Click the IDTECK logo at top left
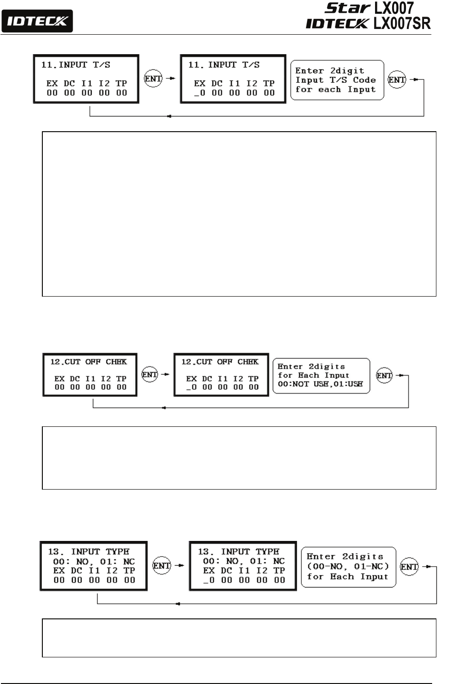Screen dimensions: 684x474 coord(37,21)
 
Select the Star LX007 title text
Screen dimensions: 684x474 coord(369,8)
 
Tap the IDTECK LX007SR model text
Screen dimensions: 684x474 coord(368,23)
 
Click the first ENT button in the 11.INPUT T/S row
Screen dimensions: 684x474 coord(153,79)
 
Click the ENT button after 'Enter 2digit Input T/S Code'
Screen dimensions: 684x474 coord(396,80)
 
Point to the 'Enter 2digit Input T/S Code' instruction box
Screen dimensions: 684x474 coord(336,80)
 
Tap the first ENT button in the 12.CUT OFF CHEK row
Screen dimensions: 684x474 coord(150,375)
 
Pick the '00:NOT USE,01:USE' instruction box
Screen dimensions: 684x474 coord(321,376)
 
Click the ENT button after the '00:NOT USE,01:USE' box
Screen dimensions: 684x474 coord(384,376)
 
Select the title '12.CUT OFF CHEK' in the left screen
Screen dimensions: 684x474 coord(89,362)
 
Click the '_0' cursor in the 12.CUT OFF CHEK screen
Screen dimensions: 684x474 coord(191,387)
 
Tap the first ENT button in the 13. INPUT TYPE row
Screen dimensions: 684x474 coord(161,566)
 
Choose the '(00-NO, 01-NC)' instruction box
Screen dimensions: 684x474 coord(348,567)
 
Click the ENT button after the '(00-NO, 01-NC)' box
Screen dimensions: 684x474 coord(409,567)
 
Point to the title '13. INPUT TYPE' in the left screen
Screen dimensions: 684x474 coord(89,551)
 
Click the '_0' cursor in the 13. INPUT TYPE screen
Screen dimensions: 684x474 coord(209,580)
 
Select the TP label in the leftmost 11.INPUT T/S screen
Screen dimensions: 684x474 coord(121,83)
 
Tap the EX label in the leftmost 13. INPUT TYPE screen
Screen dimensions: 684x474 coord(59,570)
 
